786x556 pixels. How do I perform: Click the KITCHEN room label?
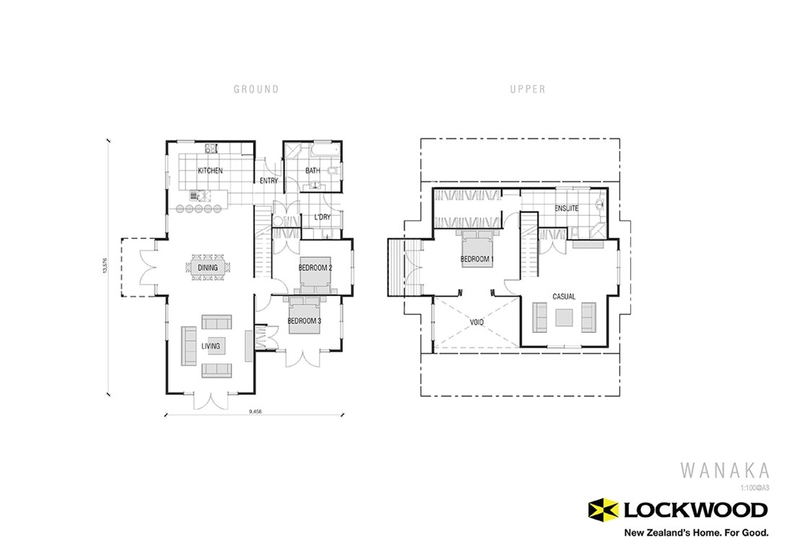tap(211, 171)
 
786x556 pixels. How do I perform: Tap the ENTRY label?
tap(268, 181)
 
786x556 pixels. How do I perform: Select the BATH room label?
tap(312, 171)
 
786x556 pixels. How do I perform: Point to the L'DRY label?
tap(322, 217)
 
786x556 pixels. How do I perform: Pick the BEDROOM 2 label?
tap(315, 268)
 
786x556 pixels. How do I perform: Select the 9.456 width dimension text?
tap(255, 412)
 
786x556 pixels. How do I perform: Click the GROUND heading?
tap(256, 90)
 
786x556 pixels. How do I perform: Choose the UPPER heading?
tap(528, 90)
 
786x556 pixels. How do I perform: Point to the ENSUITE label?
tap(567, 209)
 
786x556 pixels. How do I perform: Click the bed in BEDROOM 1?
tap(476, 249)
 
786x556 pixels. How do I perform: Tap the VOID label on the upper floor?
tap(476, 323)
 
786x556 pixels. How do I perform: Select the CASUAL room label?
tap(564, 297)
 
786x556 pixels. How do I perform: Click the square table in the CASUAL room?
tap(564, 316)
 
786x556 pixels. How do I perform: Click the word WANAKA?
tap(725, 471)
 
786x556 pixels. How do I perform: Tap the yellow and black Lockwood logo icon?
tap(604, 511)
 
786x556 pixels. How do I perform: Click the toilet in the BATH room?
tap(331, 171)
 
